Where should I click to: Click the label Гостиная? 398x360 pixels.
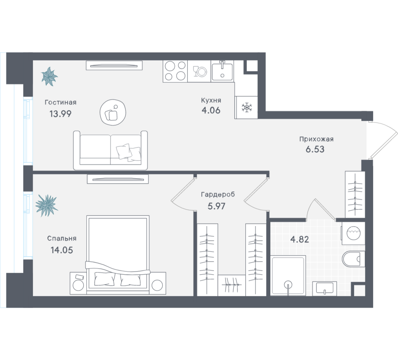tap(61, 102)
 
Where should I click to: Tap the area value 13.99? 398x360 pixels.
tap(61, 114)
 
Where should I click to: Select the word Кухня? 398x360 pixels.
tap(211, 100)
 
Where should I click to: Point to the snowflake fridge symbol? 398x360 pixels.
tap(246, 107)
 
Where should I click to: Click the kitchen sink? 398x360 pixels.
tap(222, 71)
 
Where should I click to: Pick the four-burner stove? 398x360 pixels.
tap(175, 71)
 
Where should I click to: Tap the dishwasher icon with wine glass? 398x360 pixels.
tap(199, 71)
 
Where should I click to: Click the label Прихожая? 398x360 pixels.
tap(316, 139)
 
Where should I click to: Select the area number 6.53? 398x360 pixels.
tap(315, 149)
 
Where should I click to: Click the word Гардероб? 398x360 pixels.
tap(218, 195)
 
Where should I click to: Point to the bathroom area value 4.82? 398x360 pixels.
tap(299, 240)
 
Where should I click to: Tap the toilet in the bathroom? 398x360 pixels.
tap(353, 259)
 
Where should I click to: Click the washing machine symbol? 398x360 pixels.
tap(354, 233)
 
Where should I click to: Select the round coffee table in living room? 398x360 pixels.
tap(113, 112)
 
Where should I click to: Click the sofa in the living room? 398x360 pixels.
tap(110, 150)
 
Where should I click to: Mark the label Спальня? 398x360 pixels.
tap(62, 238)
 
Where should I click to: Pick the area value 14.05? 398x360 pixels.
tap(62, 250)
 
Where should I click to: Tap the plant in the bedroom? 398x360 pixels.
tap(46, 205)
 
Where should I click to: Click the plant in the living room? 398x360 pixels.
tap(49, 76)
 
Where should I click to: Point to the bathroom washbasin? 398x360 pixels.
tap(324, 289)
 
